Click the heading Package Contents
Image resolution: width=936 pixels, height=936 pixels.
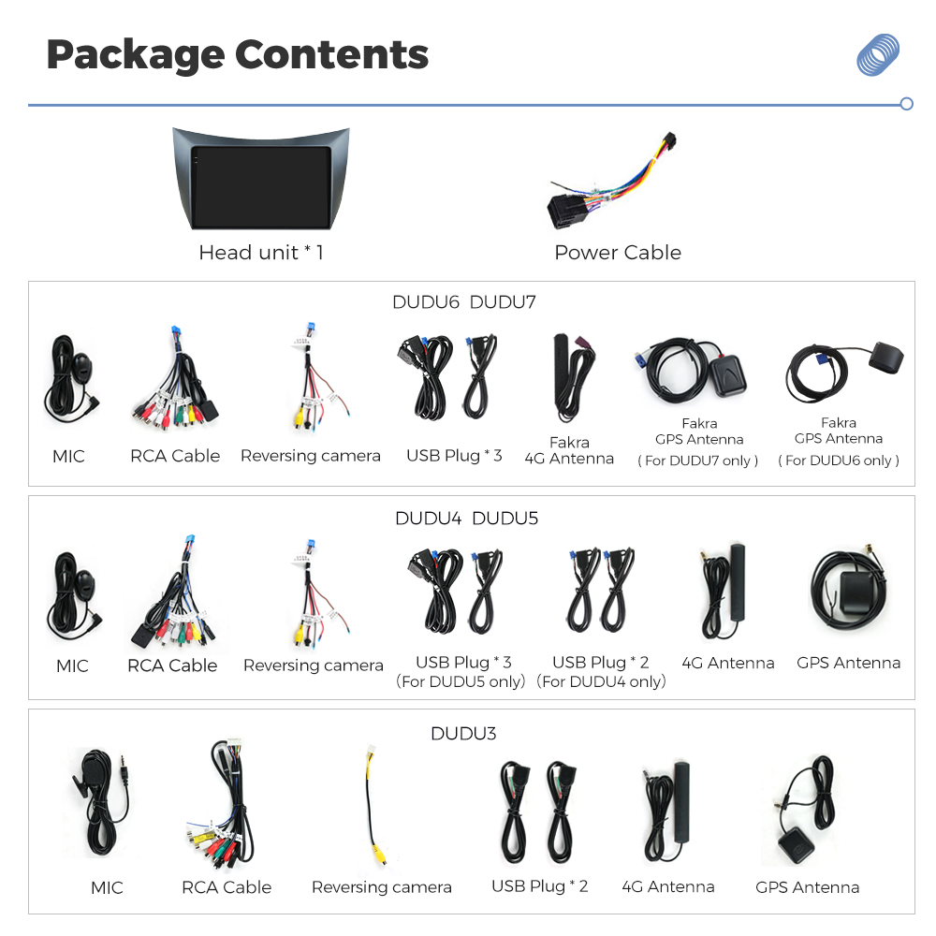coord(238,55)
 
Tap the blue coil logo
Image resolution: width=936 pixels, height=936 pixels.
coord(878,54)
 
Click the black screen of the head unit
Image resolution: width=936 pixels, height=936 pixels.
coord(261,187)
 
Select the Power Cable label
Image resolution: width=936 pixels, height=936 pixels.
coord(618,253)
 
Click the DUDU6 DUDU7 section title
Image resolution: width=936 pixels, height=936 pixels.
coord(464,302)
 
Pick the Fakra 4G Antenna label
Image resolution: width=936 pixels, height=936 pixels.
coord(569,450)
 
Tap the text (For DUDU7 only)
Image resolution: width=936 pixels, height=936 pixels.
coord(698,461)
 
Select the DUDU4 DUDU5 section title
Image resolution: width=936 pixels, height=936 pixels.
coord(466,519)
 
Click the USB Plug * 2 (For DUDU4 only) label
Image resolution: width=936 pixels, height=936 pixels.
coord(601,671)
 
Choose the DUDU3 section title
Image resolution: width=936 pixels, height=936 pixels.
coord(463,733)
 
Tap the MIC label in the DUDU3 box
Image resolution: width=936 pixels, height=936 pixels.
coord(107,887)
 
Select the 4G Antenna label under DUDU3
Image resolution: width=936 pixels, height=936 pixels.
coord(668,886)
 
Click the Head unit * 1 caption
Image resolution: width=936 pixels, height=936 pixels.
coord(261,253)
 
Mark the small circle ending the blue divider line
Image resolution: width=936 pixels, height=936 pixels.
coord(906,105)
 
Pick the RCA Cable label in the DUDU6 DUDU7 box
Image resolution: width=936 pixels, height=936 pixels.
coord(175,456)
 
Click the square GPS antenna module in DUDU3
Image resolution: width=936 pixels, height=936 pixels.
coord(797,844)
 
